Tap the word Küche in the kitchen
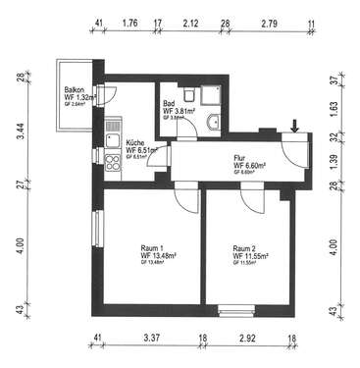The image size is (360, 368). (x=136, y=143)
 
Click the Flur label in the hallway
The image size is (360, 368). (x=240, y=156)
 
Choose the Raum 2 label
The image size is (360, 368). (x=245, y=248)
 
